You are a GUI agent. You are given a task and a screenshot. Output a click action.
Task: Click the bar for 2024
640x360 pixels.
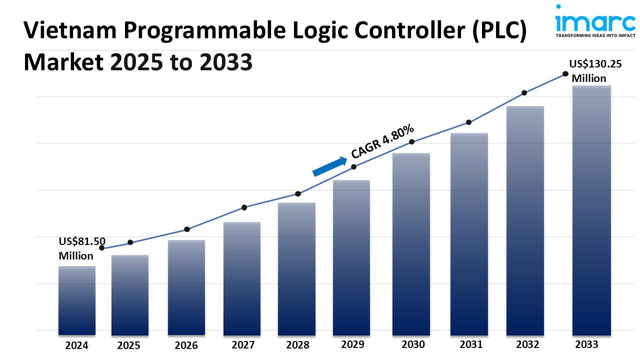point(76,300)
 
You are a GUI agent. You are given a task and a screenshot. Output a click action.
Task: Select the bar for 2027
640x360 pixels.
point(242,278)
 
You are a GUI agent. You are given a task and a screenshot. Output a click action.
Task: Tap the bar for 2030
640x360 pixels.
point(411,243)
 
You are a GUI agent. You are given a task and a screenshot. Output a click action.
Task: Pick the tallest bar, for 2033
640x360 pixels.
point(591,210)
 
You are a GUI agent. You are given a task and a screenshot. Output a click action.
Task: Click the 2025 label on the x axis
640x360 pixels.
point(129,345)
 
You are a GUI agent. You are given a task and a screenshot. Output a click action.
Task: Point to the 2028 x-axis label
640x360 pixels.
point(297,345)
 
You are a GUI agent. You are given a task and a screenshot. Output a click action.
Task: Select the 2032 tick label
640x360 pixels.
point(527,344)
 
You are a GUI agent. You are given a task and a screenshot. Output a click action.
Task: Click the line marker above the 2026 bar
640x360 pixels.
point(187,229)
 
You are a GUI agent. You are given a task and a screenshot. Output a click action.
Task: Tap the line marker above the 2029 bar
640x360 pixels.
point(353,166)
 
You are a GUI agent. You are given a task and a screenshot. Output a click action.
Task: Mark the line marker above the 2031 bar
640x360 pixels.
point(469,122)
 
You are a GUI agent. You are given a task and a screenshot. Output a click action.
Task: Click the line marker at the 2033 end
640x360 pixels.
point(565,73)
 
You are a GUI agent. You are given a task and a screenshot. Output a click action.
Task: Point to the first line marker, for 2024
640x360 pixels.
point(102,248)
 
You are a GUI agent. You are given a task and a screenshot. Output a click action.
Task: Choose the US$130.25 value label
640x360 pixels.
point(595,64)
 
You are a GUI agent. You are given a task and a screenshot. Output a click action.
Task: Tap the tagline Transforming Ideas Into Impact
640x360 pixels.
point(594,35)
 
